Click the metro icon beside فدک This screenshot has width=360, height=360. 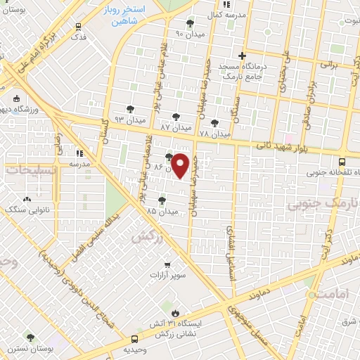79,27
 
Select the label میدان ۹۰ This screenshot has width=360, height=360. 189,33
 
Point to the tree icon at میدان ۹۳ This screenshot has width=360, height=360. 130,109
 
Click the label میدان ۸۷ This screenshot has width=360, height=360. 176,129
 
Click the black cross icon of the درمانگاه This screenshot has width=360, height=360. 242,56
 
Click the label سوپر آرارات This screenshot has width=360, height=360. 171,274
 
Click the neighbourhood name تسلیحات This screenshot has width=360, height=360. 27,171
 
